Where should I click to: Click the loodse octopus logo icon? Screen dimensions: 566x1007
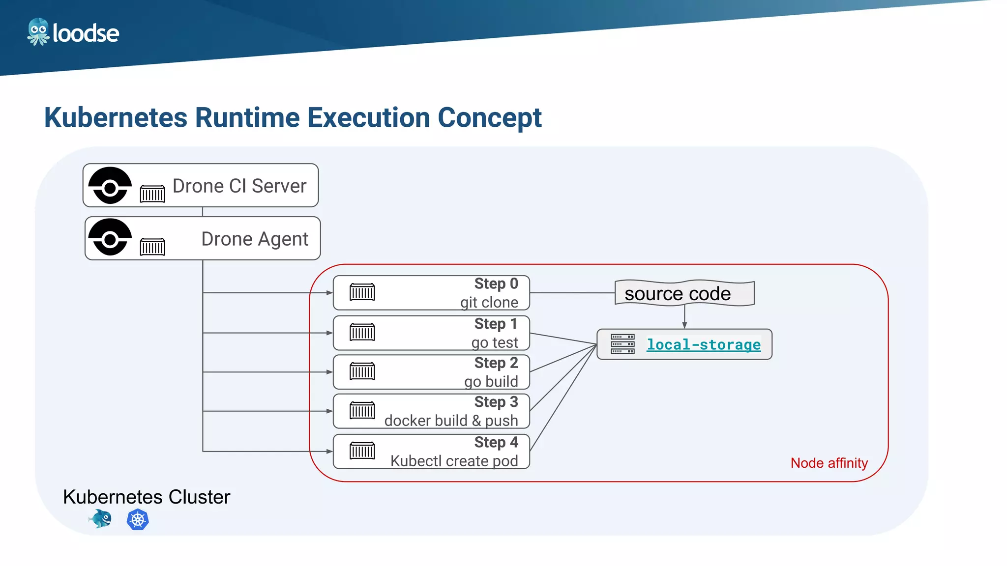38,32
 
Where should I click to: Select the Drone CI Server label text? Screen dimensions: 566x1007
239,186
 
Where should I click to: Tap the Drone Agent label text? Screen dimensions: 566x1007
255,239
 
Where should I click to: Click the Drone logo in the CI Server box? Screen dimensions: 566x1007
110,186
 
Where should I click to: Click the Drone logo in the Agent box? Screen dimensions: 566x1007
110,237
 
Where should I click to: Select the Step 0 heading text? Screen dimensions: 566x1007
496,284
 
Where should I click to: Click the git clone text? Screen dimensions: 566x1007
489,302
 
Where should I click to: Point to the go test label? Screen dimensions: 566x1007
494,342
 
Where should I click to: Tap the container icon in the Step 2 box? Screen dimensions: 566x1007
362,371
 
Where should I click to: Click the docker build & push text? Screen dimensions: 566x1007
451,421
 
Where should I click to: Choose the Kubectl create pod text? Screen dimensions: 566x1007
454,461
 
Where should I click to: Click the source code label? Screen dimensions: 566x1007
678,294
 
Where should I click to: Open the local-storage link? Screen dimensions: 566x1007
703,345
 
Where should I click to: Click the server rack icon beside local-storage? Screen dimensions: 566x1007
622,344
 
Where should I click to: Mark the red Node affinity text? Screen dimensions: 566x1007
829,463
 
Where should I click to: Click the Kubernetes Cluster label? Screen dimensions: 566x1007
147,497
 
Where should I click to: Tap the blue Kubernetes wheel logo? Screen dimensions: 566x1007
138,520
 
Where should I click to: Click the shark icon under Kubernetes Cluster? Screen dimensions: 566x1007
101,519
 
